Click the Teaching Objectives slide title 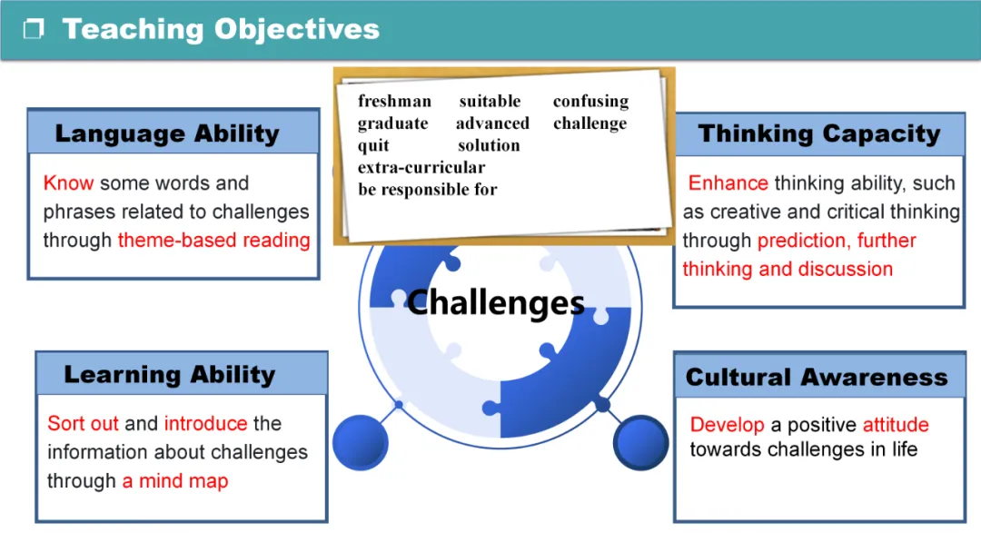click(x=220, y=29)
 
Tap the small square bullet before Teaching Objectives click(x=34, y=30)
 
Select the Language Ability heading click(x=166, y=133)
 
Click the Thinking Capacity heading click(x=818, y=133)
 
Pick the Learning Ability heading click(x=169, y=374)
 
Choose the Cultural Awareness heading click(x=817, y=377)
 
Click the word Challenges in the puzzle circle click(x=495, y=301)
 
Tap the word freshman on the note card click(x=394, y=101)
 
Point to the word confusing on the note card click(x=590, y=101)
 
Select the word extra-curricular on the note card click(x=421, y=167)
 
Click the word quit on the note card click(x=373, y=145)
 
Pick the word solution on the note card click(x=489, y=145)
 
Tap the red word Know click(x=68, y=182)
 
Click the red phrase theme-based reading click(x=213, y=240)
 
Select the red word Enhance click(x=728, y=182)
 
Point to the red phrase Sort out click(x=83, y=423)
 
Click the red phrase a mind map click(x=174, y=480)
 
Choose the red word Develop click(x=727, y=424)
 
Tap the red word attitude click(x=896, y=424)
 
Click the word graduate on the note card click(x=392, y=123)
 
